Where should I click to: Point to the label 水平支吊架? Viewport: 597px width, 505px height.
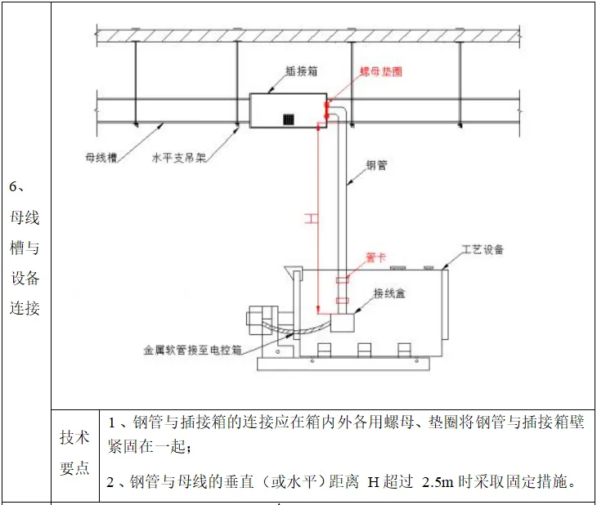178,155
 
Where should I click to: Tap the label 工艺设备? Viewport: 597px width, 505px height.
483,249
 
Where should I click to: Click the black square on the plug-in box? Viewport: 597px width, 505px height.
288,118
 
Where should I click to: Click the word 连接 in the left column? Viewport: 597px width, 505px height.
25,308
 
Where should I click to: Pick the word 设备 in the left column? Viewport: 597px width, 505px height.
25,278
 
